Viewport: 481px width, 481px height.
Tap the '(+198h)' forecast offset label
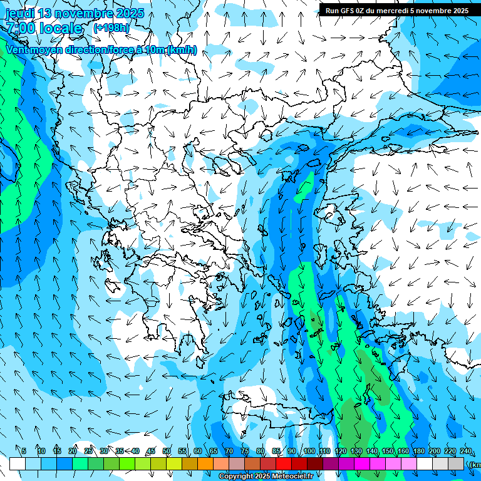pos(111,28)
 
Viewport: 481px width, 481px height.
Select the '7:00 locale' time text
pos(43,28)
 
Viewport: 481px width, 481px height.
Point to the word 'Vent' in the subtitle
pos(19,49)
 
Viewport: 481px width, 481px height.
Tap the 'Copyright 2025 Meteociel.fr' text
pos(266,477)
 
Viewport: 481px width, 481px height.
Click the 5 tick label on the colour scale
pos(24,451)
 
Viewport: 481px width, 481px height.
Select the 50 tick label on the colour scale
pos(166,451)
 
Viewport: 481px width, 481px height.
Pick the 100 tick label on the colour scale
pos(309,451)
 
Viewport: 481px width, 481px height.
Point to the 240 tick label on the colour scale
pos(466,451)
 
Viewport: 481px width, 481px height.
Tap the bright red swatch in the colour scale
pos(284,463)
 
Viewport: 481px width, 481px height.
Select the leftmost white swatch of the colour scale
pos(18,463)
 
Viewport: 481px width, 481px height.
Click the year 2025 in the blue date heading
pos(130,13)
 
